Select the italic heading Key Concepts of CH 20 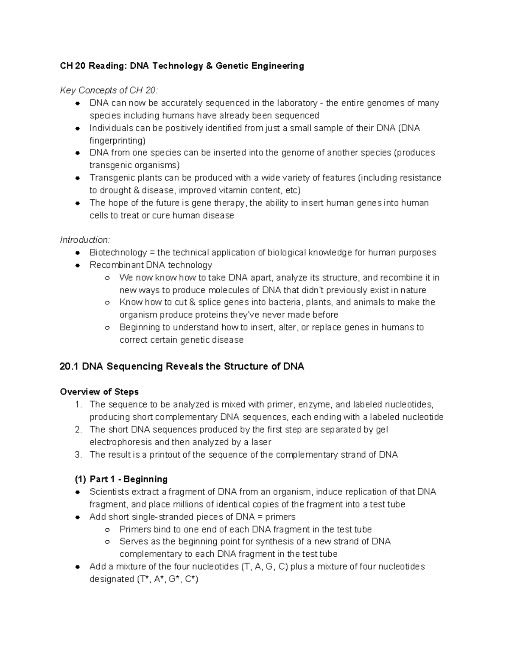[x=109, y=90]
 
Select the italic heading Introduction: [x=85, y=240]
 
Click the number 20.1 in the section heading [x=70, y=366]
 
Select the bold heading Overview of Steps [x=99, y=391]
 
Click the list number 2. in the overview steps [x=78, y=430]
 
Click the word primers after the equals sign [x=280, y=517]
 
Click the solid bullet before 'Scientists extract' [x=78, y=492]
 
